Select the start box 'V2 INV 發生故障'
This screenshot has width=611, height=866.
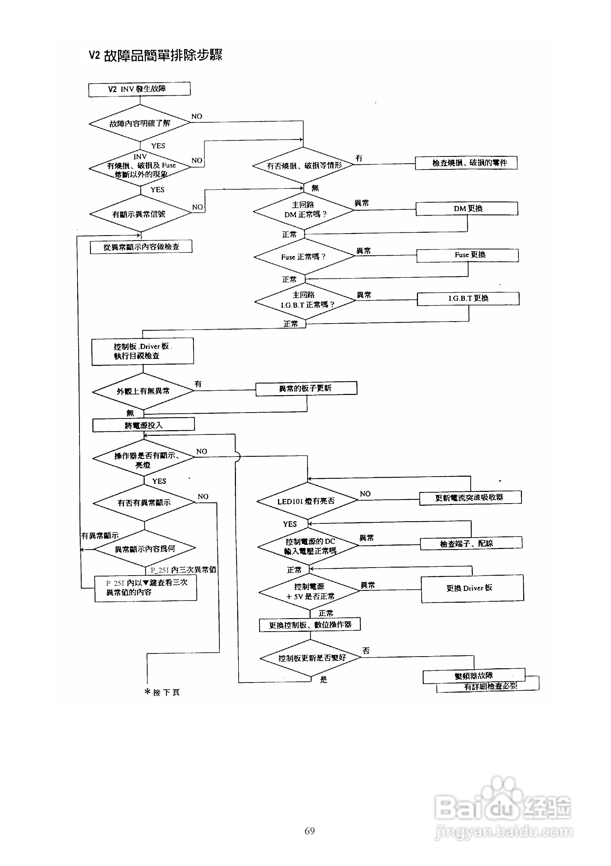coord(139,89)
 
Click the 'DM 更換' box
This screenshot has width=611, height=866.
coord(467,209)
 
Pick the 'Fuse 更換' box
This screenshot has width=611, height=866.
coord(467,255)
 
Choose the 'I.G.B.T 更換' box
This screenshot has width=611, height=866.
coord(468,298)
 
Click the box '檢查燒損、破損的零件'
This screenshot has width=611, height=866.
coord(466,163)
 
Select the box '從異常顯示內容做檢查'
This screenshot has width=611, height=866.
coord(141,247)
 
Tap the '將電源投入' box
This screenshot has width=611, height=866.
coord(144,425)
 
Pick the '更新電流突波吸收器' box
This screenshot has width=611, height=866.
coord(470,498)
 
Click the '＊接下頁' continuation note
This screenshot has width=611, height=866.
coord(162,692)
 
